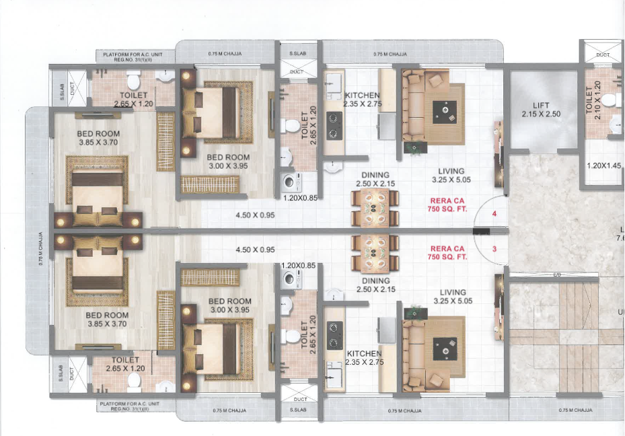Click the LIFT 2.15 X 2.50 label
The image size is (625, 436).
click(541, 110)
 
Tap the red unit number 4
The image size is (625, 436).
click(494, 214)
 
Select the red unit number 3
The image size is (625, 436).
click(494, 250)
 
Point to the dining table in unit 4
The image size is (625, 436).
click(375, 207)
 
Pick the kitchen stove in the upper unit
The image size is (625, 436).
click(334, 125)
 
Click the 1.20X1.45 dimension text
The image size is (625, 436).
click(603, 166)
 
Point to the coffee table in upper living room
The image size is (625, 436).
click(445, 110)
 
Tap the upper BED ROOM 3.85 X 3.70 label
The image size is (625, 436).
click(98, 139)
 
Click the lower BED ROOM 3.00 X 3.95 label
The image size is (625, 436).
click(229, 305)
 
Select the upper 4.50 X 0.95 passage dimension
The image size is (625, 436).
click(256, 216)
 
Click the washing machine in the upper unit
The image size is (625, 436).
click(290, 181)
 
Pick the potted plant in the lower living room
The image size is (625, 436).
click(411, 313)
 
